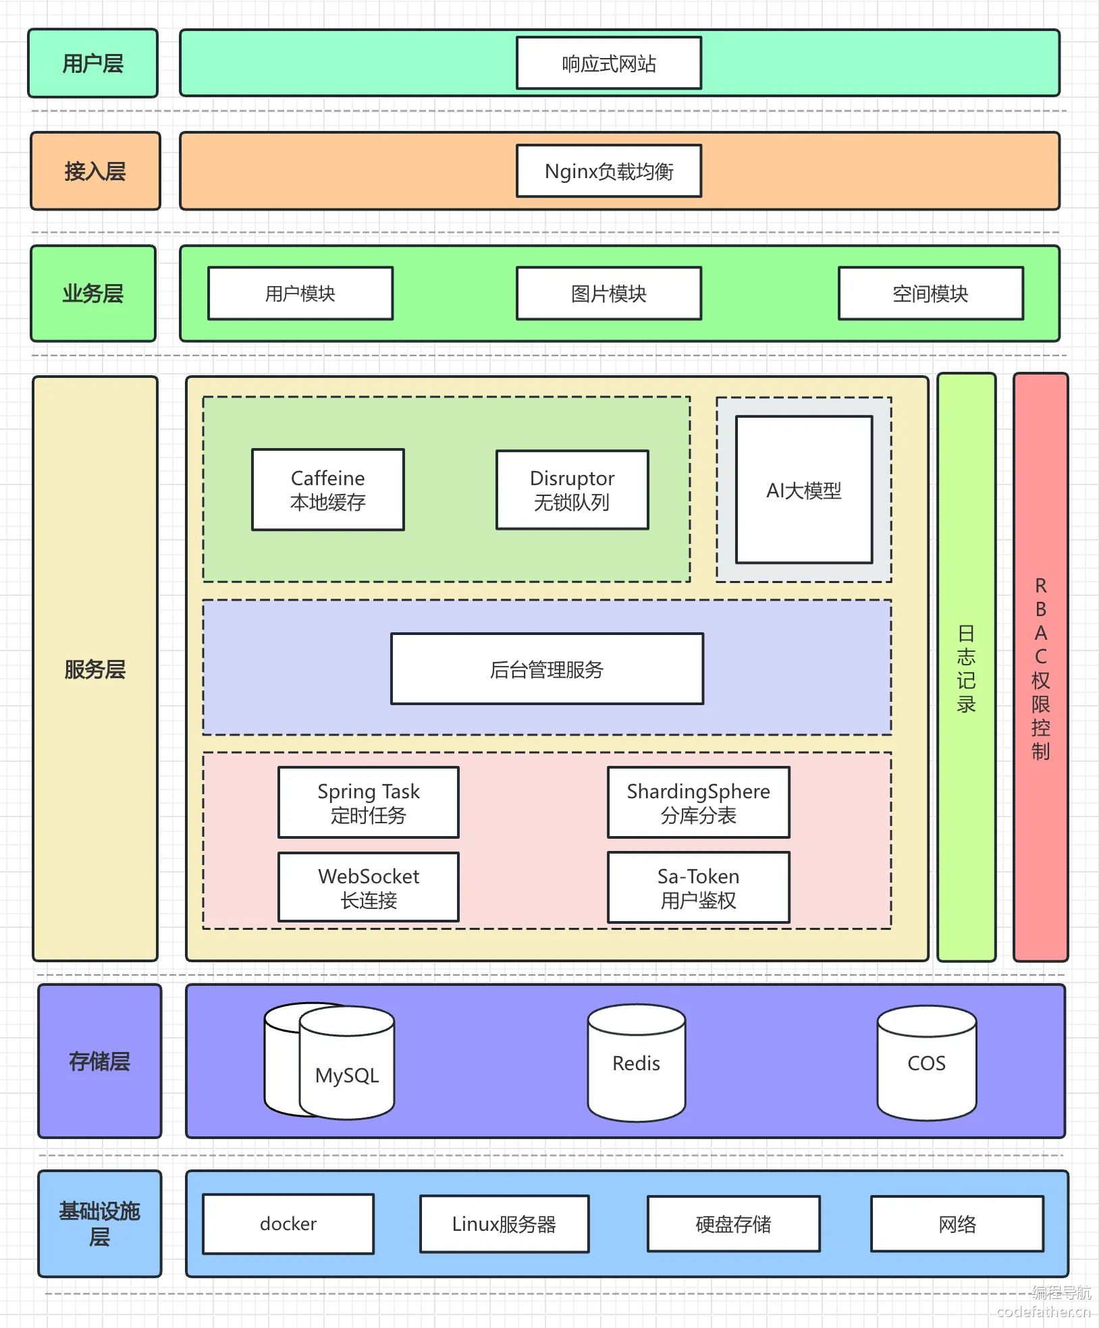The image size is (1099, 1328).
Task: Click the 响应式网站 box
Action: [609, 63]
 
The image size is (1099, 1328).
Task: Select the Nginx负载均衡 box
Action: [609, 171]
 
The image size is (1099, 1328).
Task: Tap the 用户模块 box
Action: [300, 294]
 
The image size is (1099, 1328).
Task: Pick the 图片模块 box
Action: [609, 294]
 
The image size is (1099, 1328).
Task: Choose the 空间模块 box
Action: [931, 294]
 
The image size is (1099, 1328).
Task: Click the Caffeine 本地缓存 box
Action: [328, 490]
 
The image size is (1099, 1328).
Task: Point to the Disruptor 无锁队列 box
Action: [572, 490]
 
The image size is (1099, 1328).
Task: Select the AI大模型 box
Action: [804, 490]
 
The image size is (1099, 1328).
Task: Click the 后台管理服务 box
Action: [547, 669]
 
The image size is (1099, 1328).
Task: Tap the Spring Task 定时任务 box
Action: [369, 802]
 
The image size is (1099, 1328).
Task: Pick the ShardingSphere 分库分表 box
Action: [699, 802]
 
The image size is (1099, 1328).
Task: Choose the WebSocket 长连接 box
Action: [369, 887]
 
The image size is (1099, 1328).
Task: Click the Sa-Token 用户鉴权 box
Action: [699, 887]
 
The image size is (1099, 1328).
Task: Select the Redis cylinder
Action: [637, 1063]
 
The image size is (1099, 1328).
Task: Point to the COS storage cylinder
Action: [927, 1063]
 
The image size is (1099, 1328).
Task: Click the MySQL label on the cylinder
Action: [347, 1075]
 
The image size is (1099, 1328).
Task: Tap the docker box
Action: [288, 1224]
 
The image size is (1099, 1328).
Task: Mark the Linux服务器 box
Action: [504, 1224]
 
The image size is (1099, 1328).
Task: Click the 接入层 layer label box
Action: [95, 171]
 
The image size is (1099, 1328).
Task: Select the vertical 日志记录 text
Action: [967, 669]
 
